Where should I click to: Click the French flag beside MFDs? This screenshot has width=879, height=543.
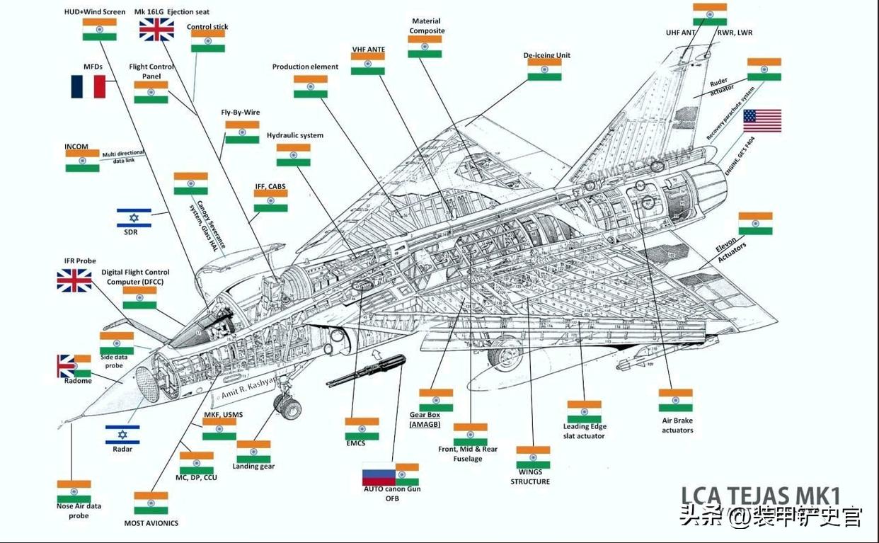point(88,86)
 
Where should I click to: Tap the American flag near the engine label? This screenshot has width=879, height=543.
point(762,120)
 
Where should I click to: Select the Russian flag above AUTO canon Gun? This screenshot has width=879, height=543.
point(379,474)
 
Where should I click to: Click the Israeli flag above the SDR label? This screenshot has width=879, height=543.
point(134,217)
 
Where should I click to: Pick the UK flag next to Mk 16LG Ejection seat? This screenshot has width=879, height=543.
point(156,29)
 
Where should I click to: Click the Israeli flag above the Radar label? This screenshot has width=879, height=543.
point(122,434)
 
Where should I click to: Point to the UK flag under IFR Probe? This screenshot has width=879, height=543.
point(74,280)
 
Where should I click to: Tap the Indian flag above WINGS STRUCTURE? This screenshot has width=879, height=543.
point(533,457)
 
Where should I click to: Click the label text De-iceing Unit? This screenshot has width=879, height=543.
point(546,55)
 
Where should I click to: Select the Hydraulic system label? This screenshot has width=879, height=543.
point(295,135)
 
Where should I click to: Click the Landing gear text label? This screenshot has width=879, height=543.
point(253,466)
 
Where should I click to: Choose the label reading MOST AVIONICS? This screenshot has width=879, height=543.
point(151,523)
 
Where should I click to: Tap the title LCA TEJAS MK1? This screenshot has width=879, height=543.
point(760,494)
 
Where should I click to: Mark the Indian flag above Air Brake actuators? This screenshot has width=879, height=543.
point(676,400)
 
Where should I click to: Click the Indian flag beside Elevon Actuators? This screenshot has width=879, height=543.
point(755,223)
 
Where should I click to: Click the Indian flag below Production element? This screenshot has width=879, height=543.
point(311,86)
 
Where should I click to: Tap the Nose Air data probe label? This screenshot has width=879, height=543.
point(79,510)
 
